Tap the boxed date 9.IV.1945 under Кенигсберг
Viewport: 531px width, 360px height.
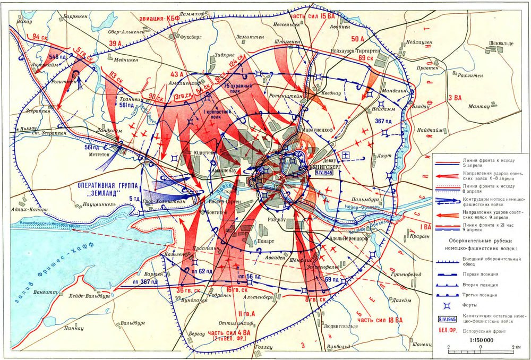point(323,173)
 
